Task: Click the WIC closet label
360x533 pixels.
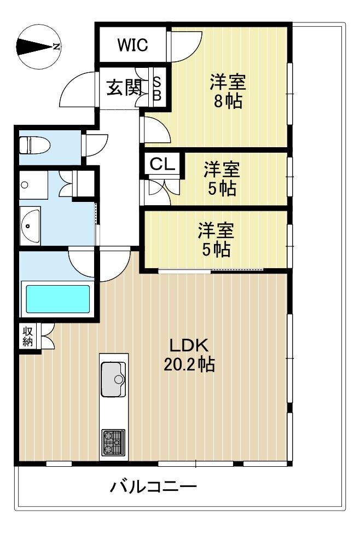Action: click(x=132, y=44)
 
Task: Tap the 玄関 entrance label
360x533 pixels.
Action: click(x=124, y=88)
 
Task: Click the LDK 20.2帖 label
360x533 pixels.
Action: click(x=189, y=355)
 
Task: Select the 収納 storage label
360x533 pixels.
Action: click(x=27, y=336)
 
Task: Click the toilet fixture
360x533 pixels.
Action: click(x=34, y=145)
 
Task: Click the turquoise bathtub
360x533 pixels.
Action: click(x=58, y=299)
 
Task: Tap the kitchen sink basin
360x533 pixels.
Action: click(x=114, y=379)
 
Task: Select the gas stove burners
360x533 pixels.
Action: click(x=113, y=442)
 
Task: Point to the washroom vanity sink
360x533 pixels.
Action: click(x=30, y=225)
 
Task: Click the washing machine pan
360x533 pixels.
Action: click(x=33, y=185)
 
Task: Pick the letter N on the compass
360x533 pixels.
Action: click(x=56, y=47)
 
